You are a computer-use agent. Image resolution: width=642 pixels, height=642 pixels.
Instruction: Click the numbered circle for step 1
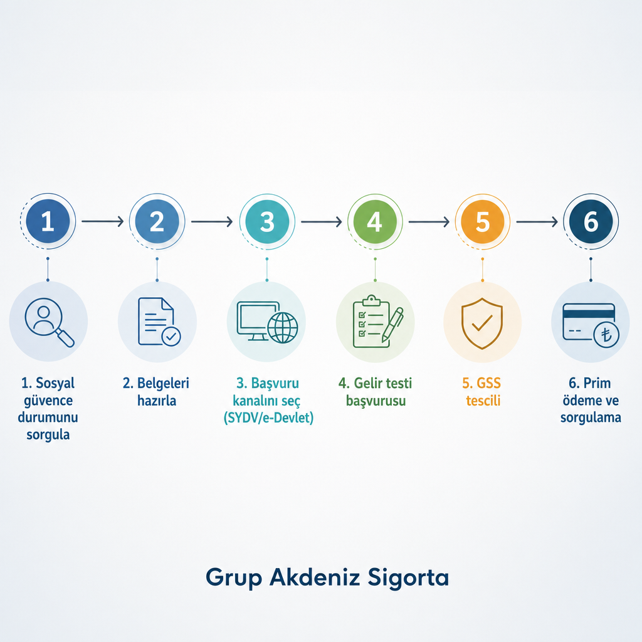[48, 221]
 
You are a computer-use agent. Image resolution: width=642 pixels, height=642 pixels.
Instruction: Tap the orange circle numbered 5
[482, 221]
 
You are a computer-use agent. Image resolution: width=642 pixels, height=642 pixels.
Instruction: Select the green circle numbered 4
[375, 221]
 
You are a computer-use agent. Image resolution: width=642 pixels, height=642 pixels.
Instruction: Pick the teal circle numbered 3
[267, 221]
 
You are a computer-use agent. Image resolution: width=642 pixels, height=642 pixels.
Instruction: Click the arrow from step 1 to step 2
[102, 221]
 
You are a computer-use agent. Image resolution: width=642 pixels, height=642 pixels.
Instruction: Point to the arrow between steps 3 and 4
[322, 221]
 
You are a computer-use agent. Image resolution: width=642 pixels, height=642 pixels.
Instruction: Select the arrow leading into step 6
[537, 221]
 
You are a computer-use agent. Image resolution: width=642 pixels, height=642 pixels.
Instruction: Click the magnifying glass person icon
[49, 322]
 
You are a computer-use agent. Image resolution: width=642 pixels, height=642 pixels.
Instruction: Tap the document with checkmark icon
[159, 322]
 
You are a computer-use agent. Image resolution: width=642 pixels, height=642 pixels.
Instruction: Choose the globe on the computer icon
[283, 327]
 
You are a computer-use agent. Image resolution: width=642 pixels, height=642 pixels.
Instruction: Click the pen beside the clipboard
[392, 325]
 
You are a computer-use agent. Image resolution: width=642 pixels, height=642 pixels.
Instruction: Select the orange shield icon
[482, 324]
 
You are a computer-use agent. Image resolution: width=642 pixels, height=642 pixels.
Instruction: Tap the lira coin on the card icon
[606, 335]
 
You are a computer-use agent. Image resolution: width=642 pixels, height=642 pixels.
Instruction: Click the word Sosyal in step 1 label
[55, 383]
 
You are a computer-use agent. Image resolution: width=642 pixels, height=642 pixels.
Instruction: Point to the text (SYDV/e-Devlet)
[268, 418]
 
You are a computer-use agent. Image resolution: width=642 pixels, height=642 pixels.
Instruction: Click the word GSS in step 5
[488, 383]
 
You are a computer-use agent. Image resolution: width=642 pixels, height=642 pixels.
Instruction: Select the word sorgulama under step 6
[591, 418]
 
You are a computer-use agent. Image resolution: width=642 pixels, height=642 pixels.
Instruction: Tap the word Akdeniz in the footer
[315, 577]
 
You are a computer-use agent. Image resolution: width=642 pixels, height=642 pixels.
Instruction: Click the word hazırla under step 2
[157, 401]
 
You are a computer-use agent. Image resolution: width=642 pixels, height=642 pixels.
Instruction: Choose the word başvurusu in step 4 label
[376, 401]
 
